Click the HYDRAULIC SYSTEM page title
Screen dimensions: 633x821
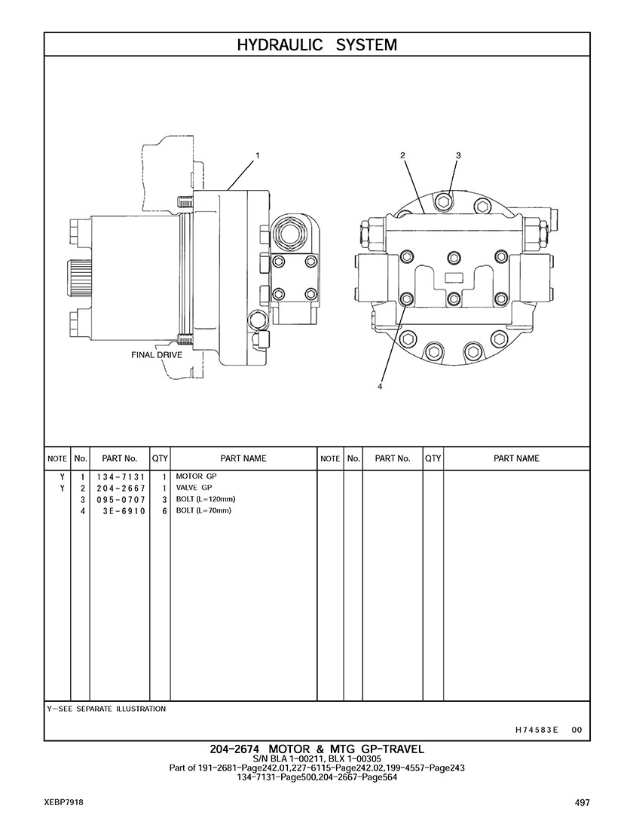[x=316, y=45]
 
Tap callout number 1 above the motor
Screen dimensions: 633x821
[x=258, y=155]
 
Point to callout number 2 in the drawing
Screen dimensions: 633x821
[x=402, y=155]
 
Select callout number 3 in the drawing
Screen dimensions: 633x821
[x=458, y=155]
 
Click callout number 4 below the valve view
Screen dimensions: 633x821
[x=380, y=387]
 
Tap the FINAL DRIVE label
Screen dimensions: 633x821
[x=157, y=355]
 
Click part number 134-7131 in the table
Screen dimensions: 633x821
[x=121, y=477]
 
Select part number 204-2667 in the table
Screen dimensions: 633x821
[x=121, y=488]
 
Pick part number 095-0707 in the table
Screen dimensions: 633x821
[x=121, y=500]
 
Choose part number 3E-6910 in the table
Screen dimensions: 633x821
[x=124, y=510]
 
